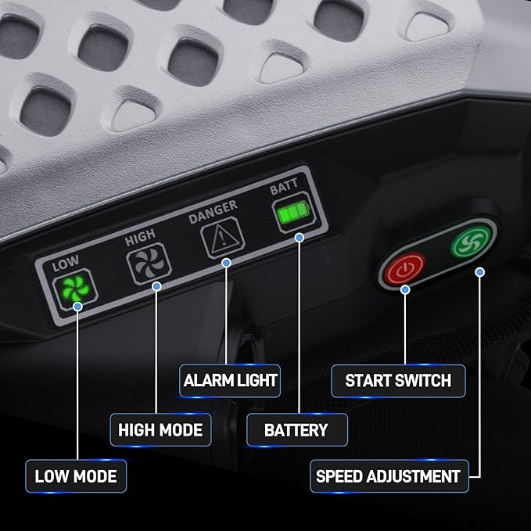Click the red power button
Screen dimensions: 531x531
[404, 269]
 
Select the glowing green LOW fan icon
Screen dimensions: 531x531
[76, 289]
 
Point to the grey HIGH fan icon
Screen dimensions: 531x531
[149, 263]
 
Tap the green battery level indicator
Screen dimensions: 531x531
[294, 213]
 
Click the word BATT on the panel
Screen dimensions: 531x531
[284, 186]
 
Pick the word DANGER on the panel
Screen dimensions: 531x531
[213, 212]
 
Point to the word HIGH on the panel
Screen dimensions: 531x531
[140, 238]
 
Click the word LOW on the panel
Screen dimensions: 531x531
[66, 263]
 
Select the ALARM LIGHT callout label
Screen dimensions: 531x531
[230, 380]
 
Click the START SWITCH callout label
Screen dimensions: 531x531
[398, 380]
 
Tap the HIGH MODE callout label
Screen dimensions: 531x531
[160, 430]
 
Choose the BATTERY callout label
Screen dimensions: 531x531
[296, 430]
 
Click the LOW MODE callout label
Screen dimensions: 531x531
[76, 475]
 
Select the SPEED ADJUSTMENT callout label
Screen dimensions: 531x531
[389, 475]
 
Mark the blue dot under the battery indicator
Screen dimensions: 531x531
[299, 238]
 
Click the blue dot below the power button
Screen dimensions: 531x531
[405, 289]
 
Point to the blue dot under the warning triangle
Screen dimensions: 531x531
[226, 263]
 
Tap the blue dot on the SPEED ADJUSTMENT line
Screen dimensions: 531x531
[479, 272]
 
